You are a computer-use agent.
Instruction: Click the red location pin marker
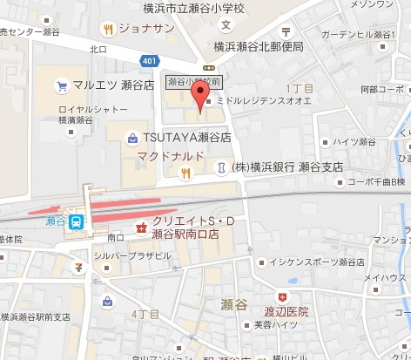[204, 101]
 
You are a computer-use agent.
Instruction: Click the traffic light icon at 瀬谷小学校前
[207, 66]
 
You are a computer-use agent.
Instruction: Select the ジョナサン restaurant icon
[108, 29]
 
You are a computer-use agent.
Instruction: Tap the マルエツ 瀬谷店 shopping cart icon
[62, 85]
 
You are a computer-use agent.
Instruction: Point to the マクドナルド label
[172, 156]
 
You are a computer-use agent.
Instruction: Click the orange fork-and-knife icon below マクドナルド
[185, 173]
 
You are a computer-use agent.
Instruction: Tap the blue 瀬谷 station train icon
[76, 221]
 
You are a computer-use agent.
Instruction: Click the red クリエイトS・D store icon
[140, 228]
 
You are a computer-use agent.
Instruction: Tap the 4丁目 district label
[144, 289]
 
